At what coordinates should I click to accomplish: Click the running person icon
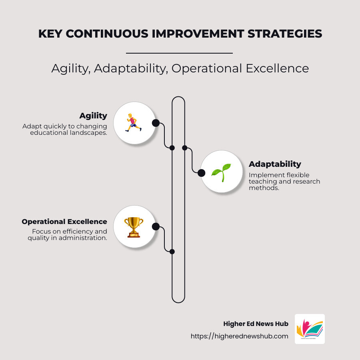point(134,123)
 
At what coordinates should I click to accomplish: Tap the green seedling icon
point(221,172)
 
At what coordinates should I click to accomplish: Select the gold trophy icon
point(134,227)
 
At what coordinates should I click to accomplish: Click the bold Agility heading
point(93,116)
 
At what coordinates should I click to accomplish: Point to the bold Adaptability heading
point(275,164)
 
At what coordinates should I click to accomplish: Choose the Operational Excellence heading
point(64,222)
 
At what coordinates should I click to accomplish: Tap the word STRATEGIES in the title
point(285,34)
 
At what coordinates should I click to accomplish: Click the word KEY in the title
point(50,34)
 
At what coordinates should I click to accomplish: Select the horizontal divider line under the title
point(179,53)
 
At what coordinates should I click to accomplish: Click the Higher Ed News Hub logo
point(310,329)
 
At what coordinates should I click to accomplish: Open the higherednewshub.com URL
point(239,336)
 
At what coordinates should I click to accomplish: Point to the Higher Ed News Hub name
point(256,324)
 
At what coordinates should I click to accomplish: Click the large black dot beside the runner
point(156,123)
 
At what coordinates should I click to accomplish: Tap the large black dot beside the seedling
point(202,173)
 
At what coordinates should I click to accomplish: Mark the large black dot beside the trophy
point(156,227)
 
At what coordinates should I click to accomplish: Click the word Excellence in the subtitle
point(277,68)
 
